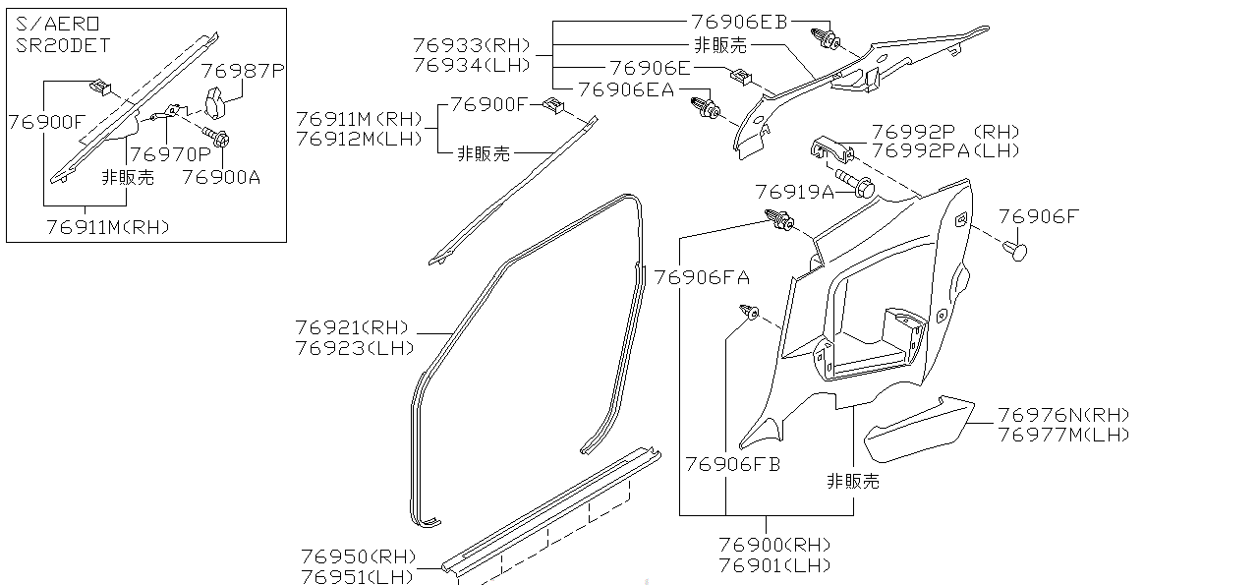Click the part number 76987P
pos(243,71)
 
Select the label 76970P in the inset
pos(170,153)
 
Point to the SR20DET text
pos(64,45)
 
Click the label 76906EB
pos(740,22)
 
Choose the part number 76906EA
pos(626,89)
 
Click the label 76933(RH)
pos(472,45)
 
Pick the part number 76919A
pos(794,191)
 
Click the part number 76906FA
pos(702,278)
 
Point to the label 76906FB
pos(732,464)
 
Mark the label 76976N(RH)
pos(1063,415)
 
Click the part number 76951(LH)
pos(357,576)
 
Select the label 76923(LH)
pos(355,348)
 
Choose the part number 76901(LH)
pos(774,565)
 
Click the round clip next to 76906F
pos(1017,252)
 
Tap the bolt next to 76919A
pos(858,186)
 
